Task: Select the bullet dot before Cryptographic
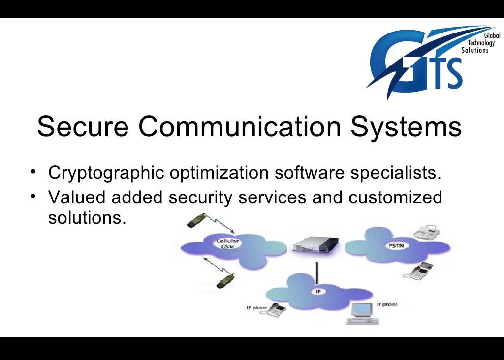[32, 172]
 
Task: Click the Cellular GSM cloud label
[227, 244]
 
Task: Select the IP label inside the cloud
[318, 292]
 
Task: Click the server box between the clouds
[315, 244]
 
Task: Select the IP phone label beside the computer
[387, 305]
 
